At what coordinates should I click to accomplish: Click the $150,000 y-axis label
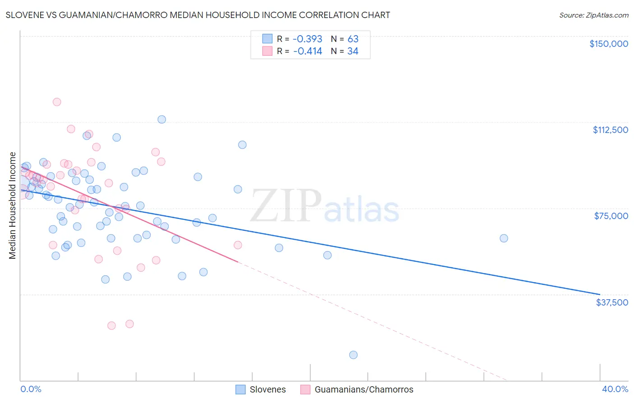(x=608, y=44)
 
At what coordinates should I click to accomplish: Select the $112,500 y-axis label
(x=610, y=130)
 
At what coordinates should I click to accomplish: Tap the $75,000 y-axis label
(x=611, y=216)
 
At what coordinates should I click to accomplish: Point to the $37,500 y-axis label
(x=612, y=302)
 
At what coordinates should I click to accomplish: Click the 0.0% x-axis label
(x=31, y=389)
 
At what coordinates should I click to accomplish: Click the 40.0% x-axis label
(x=615, y=389)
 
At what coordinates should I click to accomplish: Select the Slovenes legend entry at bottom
(x=261, y=389)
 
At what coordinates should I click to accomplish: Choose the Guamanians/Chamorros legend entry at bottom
(x=357, y=389)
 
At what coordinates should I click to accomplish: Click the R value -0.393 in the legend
(x=307, y=39)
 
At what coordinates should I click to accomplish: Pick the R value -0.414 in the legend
(x=307, y=51)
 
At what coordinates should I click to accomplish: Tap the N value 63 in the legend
(x=353, y=39)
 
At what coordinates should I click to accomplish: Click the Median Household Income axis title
(x=13, y=206)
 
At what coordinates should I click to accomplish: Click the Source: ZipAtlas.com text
(x=593, y=15)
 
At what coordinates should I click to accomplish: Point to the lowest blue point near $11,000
(x=354, y=355)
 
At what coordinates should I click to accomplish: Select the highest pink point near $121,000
(x=57, y=102)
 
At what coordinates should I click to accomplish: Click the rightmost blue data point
(x=504, y=238)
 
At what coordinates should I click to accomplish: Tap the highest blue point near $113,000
(x=161, y=119)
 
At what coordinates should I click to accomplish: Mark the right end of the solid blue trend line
(x=600, y=294)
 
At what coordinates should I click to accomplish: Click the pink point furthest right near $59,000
(x=238, y=245)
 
